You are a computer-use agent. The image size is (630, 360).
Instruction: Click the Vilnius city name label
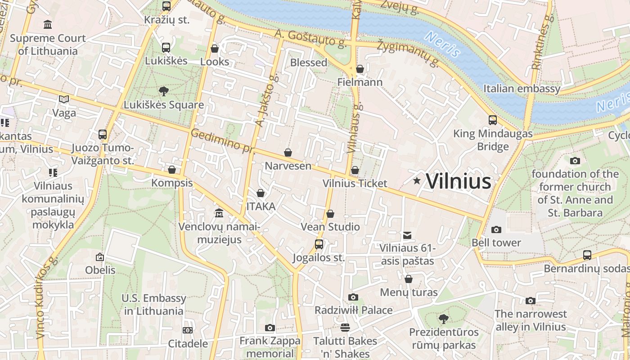click(x=458, y=181)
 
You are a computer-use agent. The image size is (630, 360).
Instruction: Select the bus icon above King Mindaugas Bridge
click(x=493, y=120)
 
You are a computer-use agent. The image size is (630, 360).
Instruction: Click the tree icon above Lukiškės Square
click(x=164, y=91)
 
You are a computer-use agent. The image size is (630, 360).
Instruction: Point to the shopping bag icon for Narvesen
click(x=288, y=153)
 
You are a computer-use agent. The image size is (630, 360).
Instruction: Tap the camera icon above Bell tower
click(x=496, y=229)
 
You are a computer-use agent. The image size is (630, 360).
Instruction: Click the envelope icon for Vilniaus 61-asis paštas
click(x=407, y=235)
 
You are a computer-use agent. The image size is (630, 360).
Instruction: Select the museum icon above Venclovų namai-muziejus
click(x=219, y=212)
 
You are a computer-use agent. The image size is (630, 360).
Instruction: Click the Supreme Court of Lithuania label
click(x=47, y=45)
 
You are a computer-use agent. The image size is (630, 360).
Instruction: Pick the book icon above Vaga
click(x=64, y=99)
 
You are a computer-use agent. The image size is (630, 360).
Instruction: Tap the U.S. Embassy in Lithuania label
click(x=153, y=304)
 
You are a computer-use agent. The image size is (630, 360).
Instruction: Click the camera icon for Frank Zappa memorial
click(x=270, y=328)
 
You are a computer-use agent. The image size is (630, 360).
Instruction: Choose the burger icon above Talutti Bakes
click(x=345, y=327)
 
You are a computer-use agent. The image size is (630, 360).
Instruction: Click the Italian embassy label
click(x=522, y=88)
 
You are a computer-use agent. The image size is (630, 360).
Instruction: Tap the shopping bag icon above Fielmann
click(x=360, y=69)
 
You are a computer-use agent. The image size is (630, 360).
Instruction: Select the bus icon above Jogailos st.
click(x=319, y=244)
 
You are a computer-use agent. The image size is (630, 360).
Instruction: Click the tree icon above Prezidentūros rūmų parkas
click(x=443, y=319)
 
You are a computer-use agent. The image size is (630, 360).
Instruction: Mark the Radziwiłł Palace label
click(x=353, y=310)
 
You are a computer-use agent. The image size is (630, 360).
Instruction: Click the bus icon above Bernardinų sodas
click(x=587, y=255)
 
